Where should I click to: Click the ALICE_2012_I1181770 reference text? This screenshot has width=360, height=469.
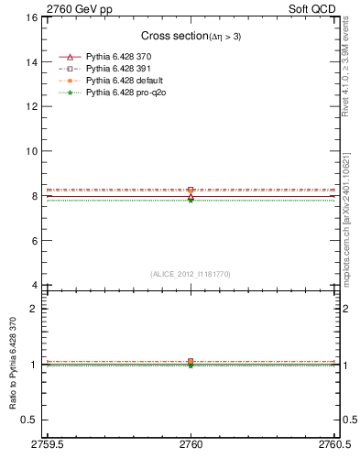point(191,273)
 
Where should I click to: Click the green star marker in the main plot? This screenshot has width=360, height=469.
point(191,199)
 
